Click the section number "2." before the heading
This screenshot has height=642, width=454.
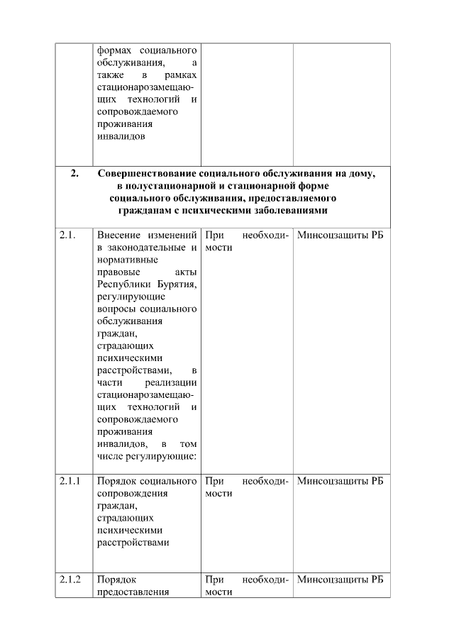pos(74,173)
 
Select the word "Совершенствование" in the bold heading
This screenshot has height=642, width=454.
pos(147,173)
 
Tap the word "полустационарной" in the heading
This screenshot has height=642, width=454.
pos(175,186)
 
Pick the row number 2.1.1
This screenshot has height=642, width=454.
pos(70,481)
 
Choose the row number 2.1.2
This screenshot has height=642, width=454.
pos(70,580)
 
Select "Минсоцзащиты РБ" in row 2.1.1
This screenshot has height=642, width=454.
pos(340,481)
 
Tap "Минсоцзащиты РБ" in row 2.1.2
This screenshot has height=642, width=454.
pos(340,580)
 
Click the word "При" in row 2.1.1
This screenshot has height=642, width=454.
pos(214,481)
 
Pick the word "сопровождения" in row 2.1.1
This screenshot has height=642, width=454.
pos(132,493)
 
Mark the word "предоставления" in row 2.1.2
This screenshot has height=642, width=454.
pos(132,592)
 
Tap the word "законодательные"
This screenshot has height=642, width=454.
pos(148,248)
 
